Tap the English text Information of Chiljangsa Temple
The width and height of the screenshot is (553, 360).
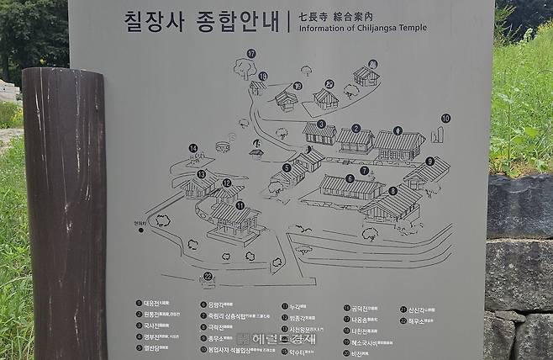click(357, 28)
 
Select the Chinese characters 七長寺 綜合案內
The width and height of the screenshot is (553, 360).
click(334, 15)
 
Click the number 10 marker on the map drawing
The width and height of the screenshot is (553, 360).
click(445, 118)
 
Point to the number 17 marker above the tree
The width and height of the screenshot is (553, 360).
click(250, 53)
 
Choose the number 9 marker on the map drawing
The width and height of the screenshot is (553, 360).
click(429, 161)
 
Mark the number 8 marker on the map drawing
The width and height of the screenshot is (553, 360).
click(392, 191)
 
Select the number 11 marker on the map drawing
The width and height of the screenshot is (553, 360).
click(240, 204)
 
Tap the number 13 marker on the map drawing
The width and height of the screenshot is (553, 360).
click(201, 174)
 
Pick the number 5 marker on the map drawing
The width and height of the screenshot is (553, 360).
click(287, 167)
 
